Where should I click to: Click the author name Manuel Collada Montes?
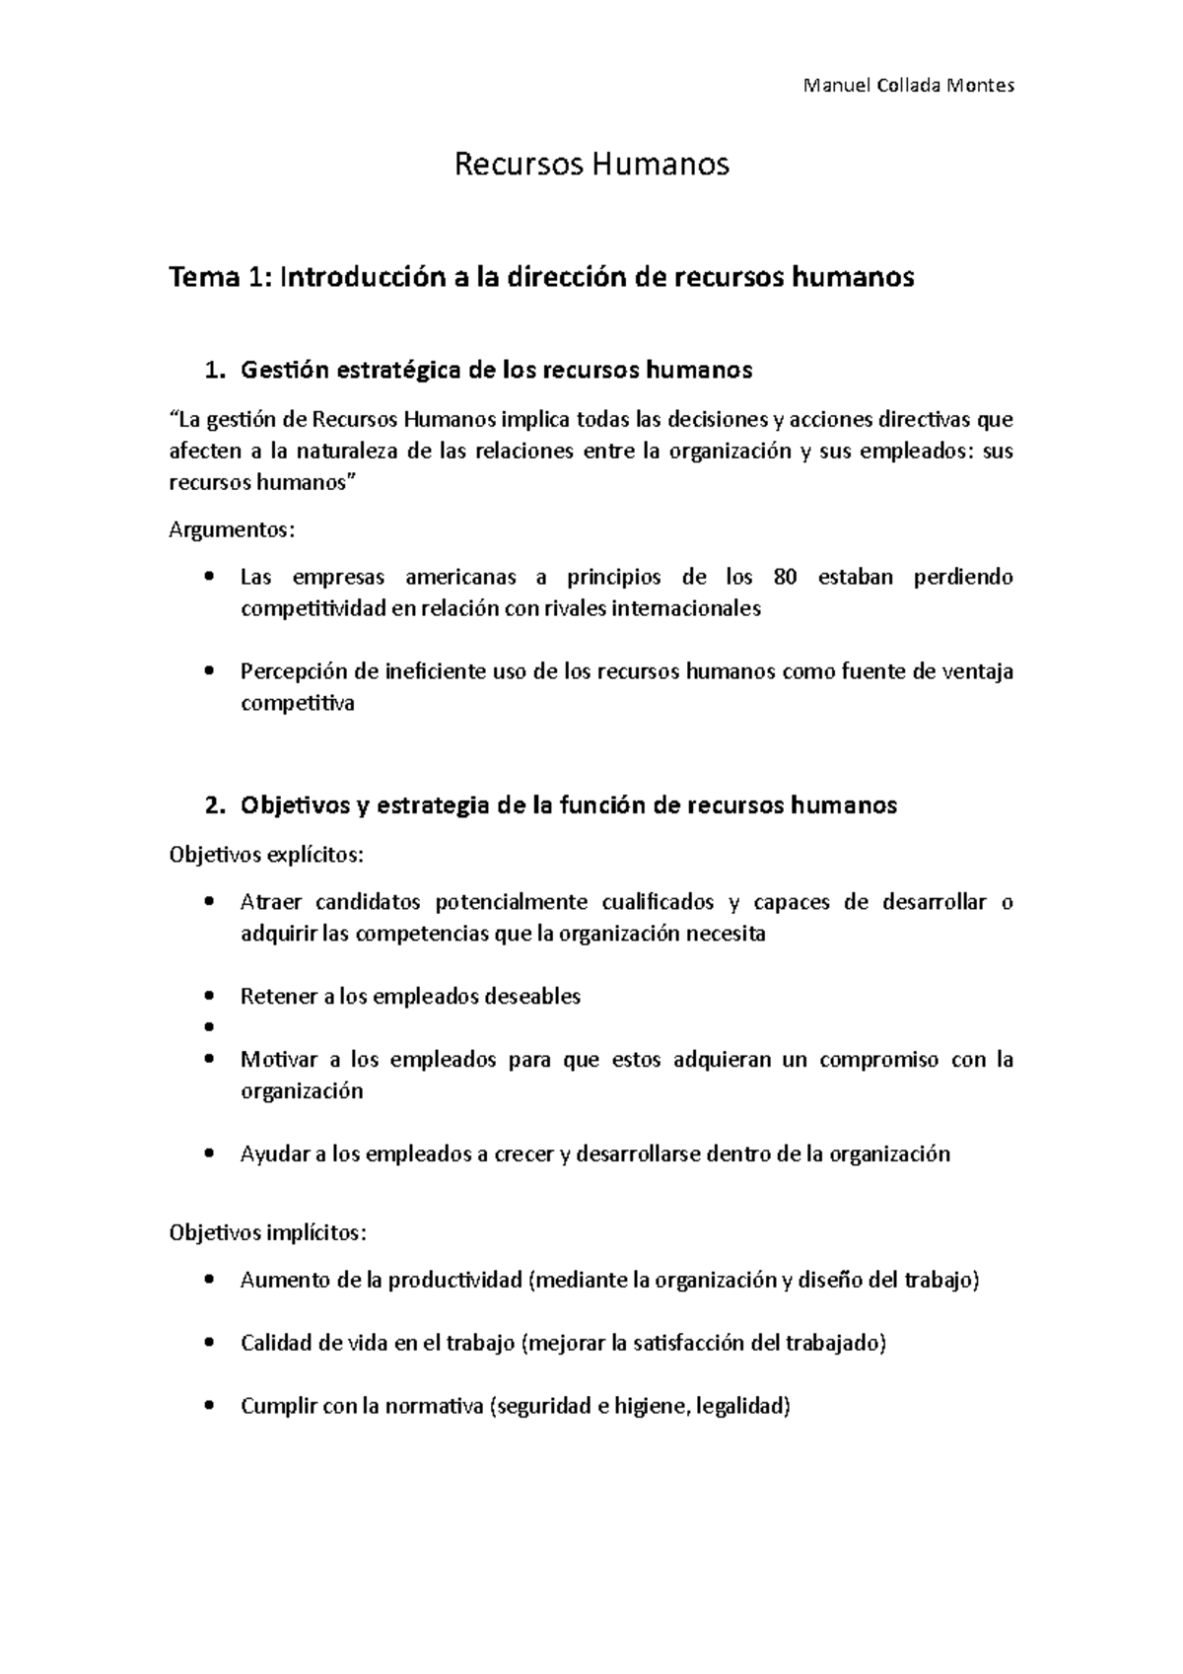(x=908, y=86)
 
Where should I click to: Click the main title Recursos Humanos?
(x=591, y=164)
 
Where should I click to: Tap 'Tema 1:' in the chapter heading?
(x=221, y=278)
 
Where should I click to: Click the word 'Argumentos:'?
(x=232, y=530)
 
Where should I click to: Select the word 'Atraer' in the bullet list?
(x=272, y=902)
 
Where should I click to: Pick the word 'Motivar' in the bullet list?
(x=279, y=1060)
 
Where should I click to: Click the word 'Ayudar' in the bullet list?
(x=275, y=1154)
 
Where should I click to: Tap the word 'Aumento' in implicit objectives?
(x=284, y=1281)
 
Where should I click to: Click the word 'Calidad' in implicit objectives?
(x=277, y=1344)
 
